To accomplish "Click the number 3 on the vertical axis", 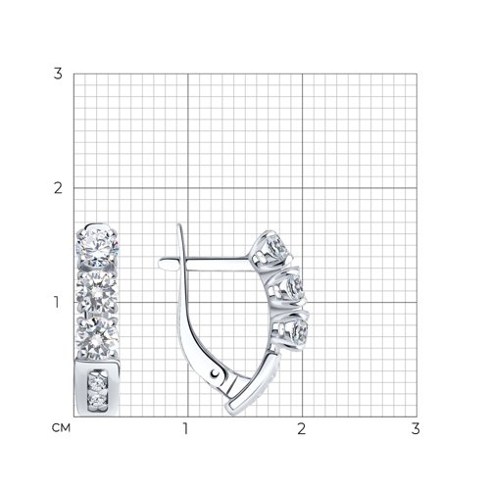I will point(59,73).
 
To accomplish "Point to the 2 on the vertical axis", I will point(59,187).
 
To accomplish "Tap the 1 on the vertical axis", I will point(59,302).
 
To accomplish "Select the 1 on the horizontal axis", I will point(186,428).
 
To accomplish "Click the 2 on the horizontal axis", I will point(301,428).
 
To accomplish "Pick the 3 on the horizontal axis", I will point(416,428).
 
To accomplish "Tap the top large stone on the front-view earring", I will point(98,244).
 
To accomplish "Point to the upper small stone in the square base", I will point(96,380).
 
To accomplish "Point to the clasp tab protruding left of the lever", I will point(165,261).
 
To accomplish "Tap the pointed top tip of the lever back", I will point(180,227).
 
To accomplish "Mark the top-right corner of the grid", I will point(416,73).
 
